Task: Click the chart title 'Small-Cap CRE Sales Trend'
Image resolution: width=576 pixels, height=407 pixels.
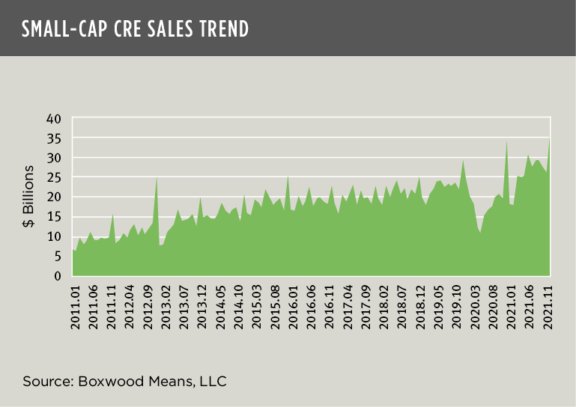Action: click(x=135, y=28)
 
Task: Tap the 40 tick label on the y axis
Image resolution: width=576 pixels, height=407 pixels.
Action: click(x=53, y=119)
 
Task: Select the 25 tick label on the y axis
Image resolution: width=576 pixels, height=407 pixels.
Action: click(x=53, y=178)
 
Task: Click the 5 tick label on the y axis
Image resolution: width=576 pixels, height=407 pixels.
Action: click(x=57, y=257)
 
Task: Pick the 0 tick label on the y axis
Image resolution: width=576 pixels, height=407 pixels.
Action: click(x=57, y=276)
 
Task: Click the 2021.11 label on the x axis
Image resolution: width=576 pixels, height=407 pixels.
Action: click(x=548, y=307)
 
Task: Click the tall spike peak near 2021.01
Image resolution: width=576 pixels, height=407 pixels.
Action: click(x=507, y=140)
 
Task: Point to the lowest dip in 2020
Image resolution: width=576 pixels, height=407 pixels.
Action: click(x=481, y=233)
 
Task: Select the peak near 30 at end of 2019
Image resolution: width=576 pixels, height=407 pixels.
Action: click(x=463, y=159)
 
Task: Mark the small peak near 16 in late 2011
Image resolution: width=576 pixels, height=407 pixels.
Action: click(x=113, y=215)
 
